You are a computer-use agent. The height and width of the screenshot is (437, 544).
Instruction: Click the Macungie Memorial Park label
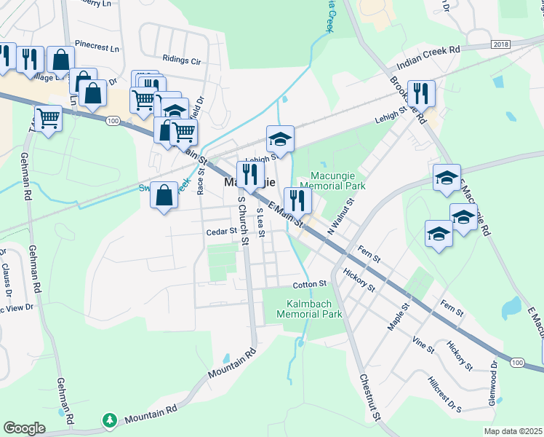[x=336, y=181]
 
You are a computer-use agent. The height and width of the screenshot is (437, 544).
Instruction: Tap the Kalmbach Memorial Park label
[x=309, y=310]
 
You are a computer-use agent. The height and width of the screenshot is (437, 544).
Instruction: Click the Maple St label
[x=399, y=315]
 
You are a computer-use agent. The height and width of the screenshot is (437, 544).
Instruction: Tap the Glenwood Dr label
[x=494, y=385]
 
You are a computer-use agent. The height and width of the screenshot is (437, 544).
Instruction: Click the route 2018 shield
[x=501, y=44]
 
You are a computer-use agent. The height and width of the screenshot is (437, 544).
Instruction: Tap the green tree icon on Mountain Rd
[x=109, y=420]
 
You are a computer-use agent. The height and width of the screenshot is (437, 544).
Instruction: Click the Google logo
[x=25, y=428]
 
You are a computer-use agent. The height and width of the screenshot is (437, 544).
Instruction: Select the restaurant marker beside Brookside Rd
[x=421, y=93]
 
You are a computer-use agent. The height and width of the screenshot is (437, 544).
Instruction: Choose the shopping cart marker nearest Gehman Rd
[x=49, y=117]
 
